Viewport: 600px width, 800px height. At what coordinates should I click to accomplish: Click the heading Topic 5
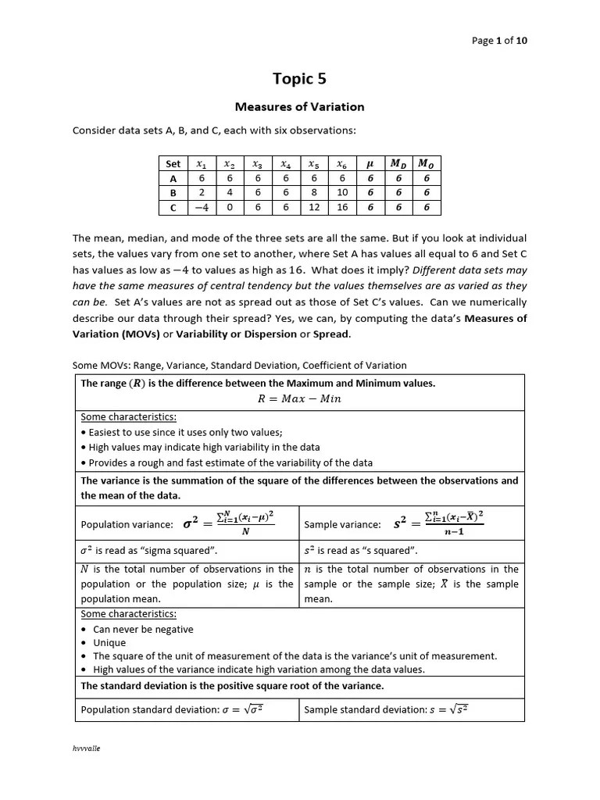click(299, 78)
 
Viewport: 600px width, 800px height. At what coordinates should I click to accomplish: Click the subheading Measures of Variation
click(299, 106)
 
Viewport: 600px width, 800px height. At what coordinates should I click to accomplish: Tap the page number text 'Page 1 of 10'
click(505, 41)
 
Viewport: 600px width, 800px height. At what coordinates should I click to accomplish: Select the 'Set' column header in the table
click(173, 164)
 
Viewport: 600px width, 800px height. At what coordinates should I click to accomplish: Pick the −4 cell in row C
click(202, 208)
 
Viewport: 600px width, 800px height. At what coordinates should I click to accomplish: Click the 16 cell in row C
click(342, 208)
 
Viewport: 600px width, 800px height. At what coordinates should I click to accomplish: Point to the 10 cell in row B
click(342, 193)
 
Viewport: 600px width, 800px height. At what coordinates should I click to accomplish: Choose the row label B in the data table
click(173, 193)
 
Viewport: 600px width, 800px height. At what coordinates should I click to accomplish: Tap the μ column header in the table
click(370, 164)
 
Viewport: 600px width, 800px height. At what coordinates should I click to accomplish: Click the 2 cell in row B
click(202, 193)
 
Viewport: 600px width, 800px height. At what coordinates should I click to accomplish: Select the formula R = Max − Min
click(299, 398)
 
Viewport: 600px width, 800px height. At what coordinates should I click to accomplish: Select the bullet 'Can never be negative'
click(143, 629)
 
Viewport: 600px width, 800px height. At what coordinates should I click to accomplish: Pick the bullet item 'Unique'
click(109, 643)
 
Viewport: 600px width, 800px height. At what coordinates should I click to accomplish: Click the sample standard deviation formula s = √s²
click(448, 709)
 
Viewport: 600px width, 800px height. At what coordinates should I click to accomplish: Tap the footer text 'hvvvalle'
click(87, 748)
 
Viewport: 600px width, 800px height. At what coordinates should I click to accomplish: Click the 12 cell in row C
click(314, 208)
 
